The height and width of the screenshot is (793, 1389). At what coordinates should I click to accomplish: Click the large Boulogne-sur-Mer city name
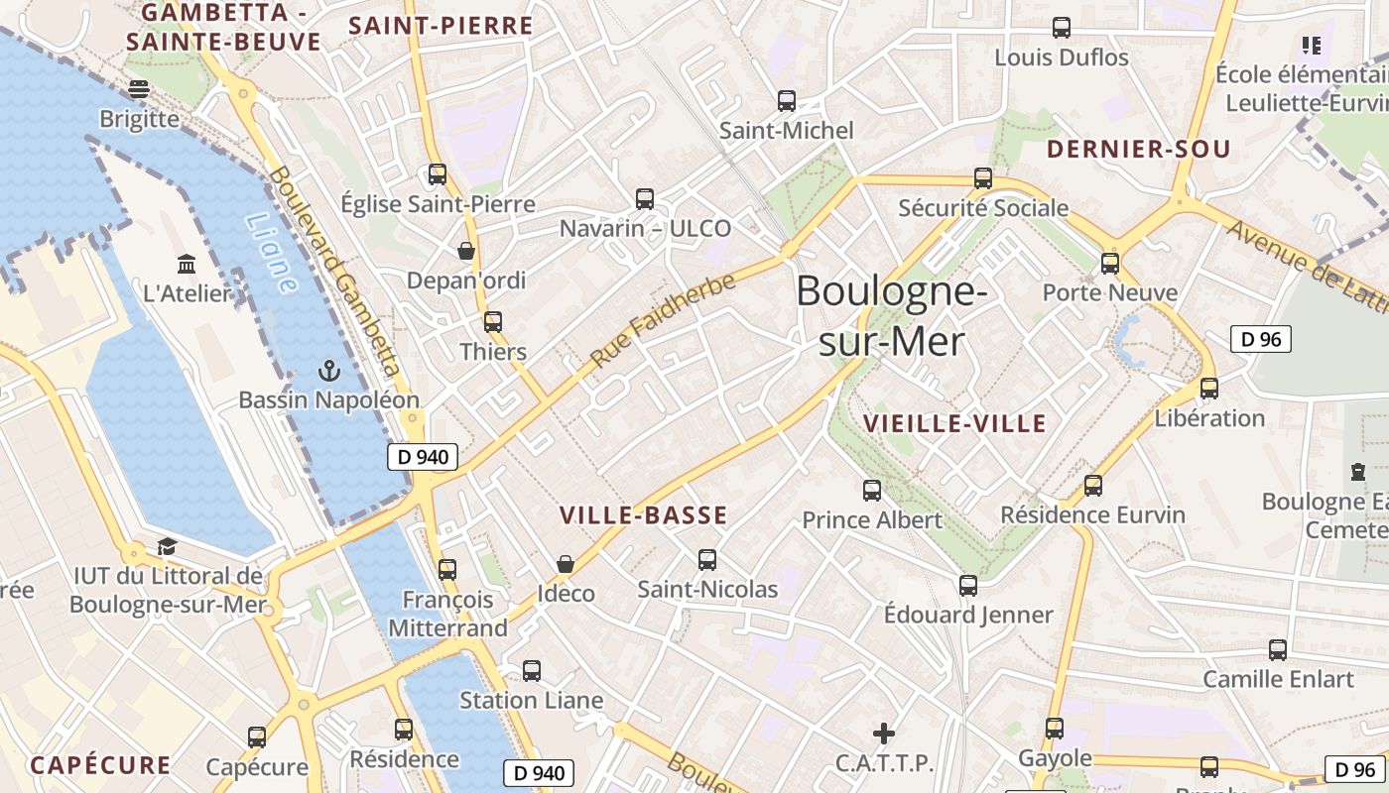click(891, 316)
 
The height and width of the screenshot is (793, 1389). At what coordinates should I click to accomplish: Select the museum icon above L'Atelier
click(187, 264)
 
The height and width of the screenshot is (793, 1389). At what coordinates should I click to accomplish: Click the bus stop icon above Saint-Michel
click(787, 100)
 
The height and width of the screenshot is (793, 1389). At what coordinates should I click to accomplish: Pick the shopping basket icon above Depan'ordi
click(466, 251)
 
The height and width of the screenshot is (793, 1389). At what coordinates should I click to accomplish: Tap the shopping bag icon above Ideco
click(566, 564)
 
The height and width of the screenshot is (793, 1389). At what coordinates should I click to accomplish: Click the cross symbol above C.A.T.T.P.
click(883, 734)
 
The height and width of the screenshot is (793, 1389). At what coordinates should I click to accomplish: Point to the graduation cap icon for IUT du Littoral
click(167, 547)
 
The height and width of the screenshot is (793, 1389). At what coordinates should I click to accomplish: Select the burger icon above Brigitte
click(139, 89)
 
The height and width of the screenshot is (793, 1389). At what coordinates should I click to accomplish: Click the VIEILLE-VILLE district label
click(954, 424)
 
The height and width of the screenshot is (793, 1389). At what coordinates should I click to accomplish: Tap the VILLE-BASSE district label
click(644, 515)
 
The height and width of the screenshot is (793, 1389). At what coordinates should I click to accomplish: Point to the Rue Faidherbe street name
click(663, 319)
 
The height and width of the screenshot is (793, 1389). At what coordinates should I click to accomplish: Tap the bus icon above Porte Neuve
click(1110, 264)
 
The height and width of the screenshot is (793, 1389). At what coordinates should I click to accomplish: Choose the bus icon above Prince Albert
click(872, 490)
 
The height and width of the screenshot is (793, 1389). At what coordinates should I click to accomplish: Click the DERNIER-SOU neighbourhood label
click(1139, 150)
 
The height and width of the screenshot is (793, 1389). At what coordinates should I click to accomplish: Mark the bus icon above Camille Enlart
click(1278, 650)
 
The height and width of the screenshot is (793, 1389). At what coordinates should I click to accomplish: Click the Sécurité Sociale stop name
click(983, 208)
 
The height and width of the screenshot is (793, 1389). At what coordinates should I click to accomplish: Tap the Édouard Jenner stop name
click(968, 615)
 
